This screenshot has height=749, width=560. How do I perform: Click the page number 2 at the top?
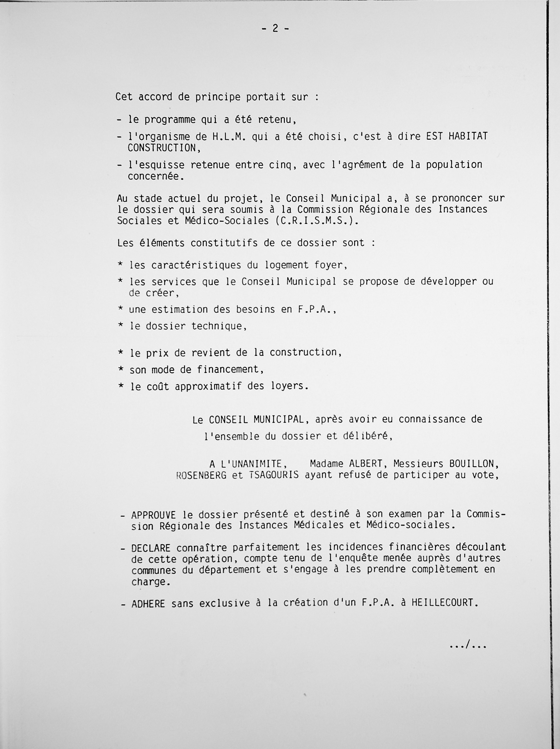275,29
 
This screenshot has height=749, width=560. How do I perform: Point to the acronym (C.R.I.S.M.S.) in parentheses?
316,221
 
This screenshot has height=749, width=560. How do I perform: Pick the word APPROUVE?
153,515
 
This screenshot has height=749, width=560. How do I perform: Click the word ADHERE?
148,604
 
